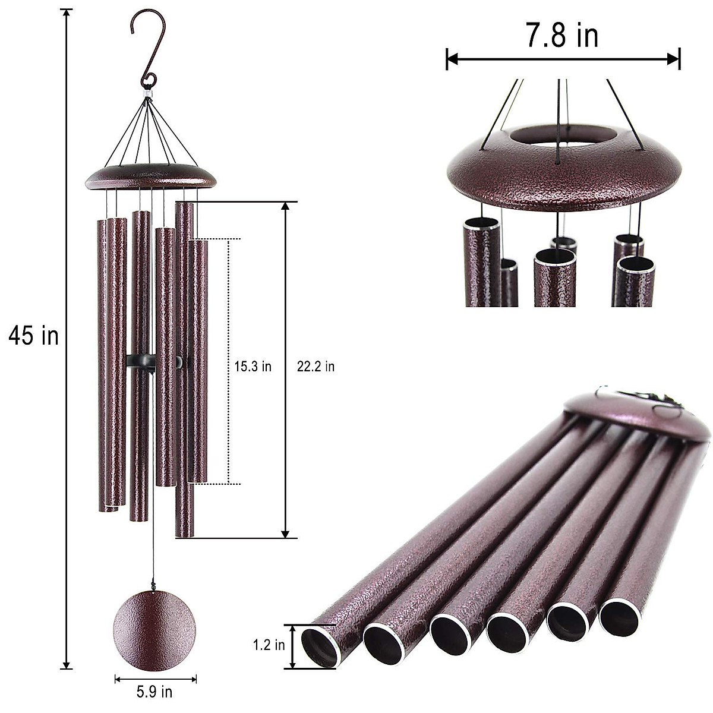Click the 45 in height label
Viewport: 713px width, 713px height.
33,336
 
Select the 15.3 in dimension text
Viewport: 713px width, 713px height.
253,367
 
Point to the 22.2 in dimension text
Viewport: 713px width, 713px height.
316,367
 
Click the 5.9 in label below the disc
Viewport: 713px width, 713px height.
154,692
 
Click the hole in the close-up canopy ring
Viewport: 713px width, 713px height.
561,135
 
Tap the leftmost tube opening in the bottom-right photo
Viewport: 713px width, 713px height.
320,647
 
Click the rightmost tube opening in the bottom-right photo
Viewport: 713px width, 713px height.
619,618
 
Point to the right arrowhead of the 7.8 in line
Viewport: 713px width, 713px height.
674,59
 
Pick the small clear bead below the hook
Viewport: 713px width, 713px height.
147,93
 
